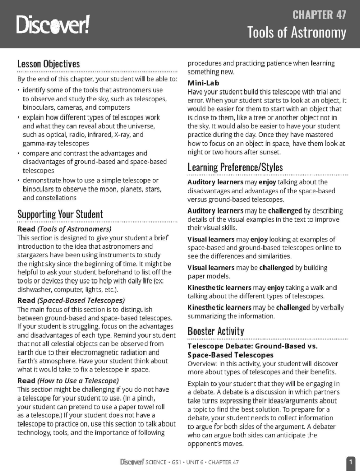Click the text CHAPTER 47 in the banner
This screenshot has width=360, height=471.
coord(319,14)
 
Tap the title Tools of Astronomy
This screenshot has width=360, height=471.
coord(297,33)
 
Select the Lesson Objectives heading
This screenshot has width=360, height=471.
coord(49,64)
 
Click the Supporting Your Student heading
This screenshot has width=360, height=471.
coord(60,214)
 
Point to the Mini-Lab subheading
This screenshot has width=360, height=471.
coord(204,83)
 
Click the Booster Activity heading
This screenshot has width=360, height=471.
coord(215,331)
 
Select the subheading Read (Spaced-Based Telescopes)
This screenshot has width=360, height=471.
coord(71,300)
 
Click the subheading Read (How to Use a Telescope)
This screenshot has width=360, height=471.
coord(68,380)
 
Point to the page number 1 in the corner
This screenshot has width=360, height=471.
coord(351,462)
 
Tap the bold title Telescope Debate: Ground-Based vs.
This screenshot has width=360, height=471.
coord(252,346)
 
